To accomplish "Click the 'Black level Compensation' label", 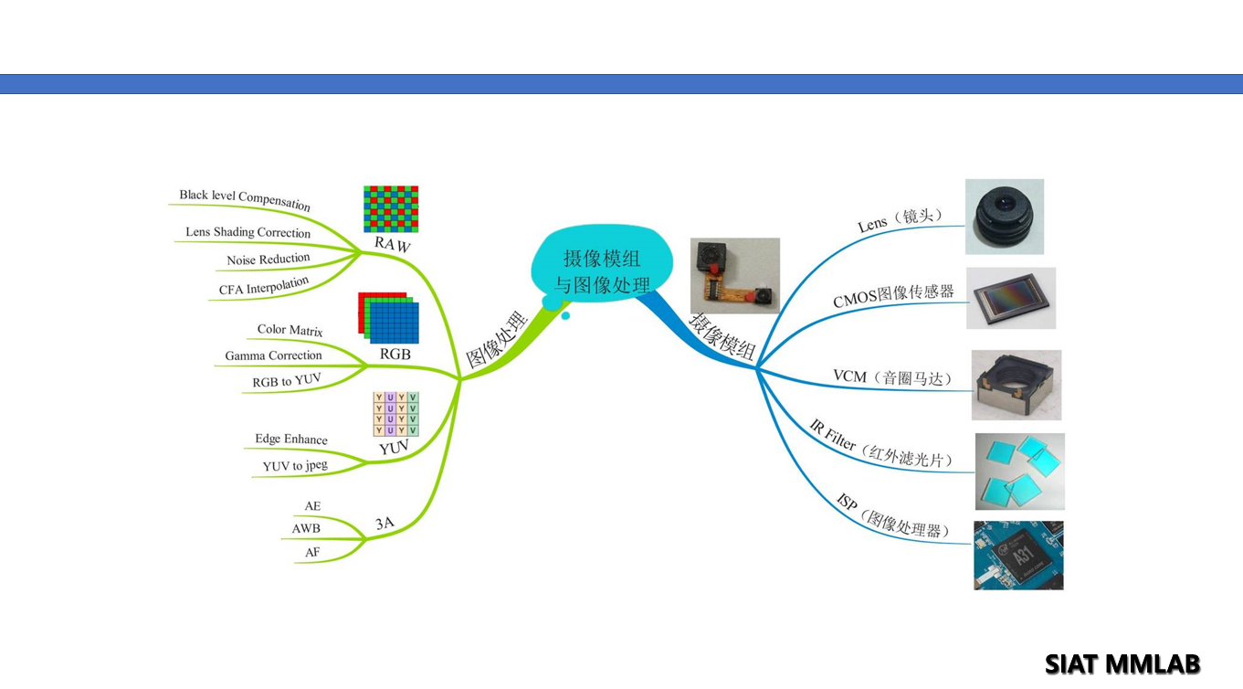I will tap(245, 198).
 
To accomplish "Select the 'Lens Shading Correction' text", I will tap(248, 232).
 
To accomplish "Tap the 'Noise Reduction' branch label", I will tap(269, 260).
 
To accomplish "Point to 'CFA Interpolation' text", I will tap(264, 287).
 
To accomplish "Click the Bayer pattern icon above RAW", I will tap(391, 209).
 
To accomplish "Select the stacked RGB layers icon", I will tap(389, 317).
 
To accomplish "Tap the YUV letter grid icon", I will tap(395, 414).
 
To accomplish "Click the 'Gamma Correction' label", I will tap(273, 355).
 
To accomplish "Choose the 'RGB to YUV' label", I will tap(287, 381).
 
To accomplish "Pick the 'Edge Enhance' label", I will tap(291, 439).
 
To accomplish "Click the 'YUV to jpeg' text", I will tap(295, 466).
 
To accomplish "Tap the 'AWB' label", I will tap(306, 528).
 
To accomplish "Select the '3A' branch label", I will tap(384, 524).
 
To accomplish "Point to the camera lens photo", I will tap(1005, 217).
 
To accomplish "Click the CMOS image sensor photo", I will tap(1011, 299).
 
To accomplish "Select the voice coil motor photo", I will tap(1017, 385).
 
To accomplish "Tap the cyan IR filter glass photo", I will tap(1019, 472).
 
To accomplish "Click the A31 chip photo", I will tap(1018, 556).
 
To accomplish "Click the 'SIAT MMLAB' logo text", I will tap(1122, 663).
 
